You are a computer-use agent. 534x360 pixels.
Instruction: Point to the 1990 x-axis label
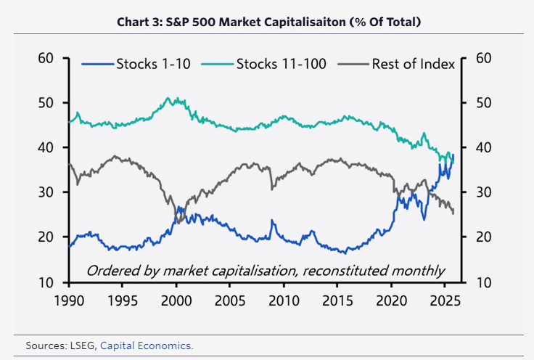[70, 299]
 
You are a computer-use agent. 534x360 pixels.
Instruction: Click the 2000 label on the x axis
[177, 299]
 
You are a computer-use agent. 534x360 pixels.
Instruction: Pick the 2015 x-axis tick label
[338, 299]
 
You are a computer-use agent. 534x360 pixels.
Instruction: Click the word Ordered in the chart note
[111, 271]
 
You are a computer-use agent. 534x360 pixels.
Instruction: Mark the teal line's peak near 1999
[168, 98]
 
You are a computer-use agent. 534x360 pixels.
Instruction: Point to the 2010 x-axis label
[284, 299]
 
